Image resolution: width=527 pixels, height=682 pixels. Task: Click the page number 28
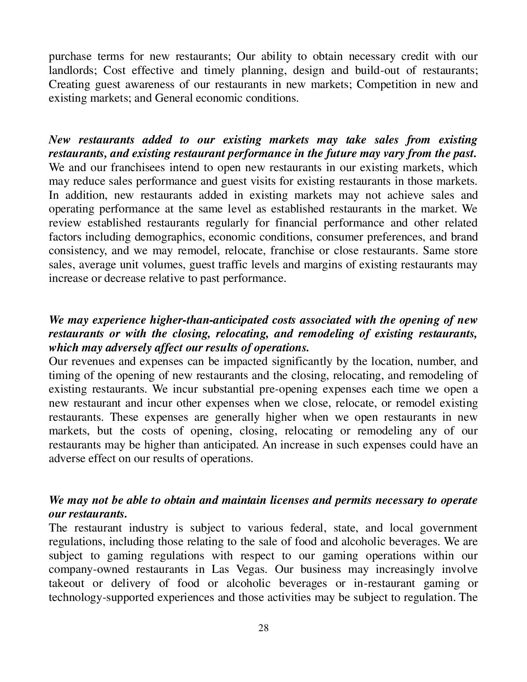pyautogui.click(x=263, y=628)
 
